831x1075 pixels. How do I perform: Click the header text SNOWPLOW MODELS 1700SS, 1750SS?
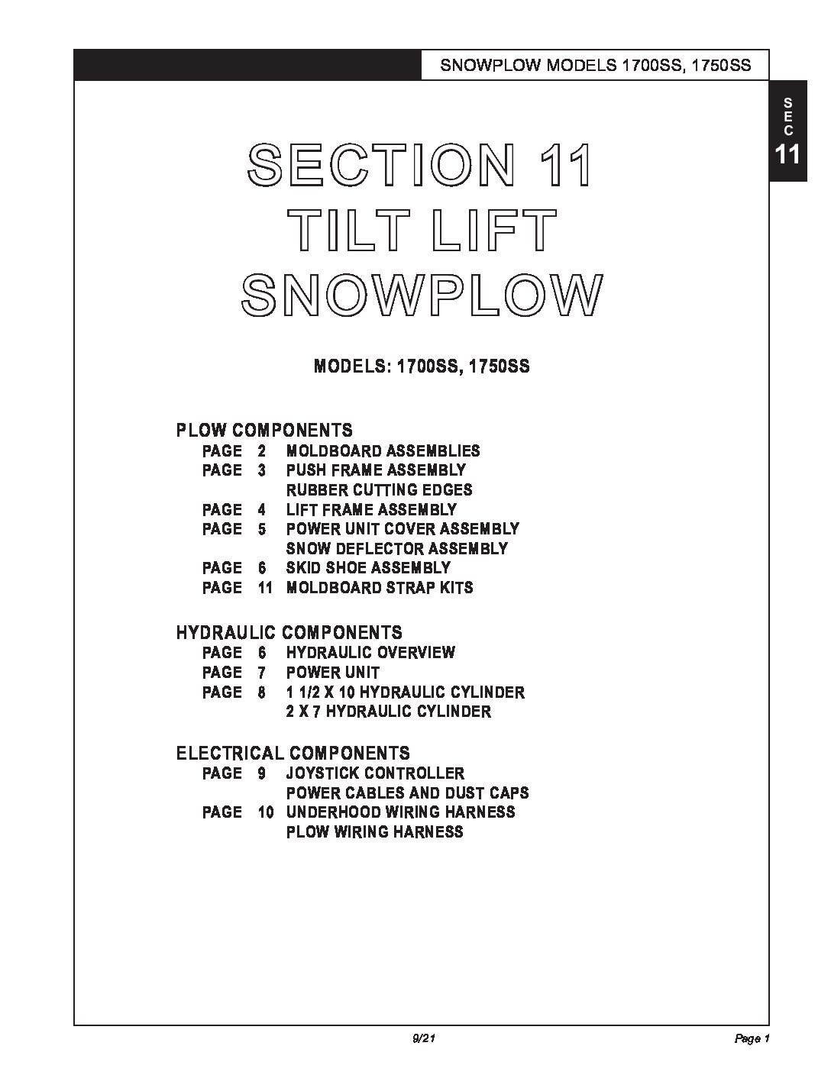pyautogui.click(x=596, y=66)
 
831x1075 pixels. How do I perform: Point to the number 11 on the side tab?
pyautogui.click(x=787, y=155)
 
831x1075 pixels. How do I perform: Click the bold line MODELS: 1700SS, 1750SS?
pyautogui.click(x=422, y=366)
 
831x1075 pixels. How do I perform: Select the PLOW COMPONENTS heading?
pyautogui.click(x=264, y=430)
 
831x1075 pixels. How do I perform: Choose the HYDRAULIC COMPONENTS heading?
pyautogui.click(x=289, y=632)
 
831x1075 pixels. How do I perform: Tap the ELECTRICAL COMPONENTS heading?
pyautogui.click(x=293, y=754)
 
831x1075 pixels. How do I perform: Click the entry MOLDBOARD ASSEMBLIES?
pyautogui.click(x=383, y=451)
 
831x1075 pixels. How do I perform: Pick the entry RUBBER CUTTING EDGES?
pyautogui.click(x=379, y=490)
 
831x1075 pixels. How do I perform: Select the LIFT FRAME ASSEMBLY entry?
pyautogui.click(x=371, y=509)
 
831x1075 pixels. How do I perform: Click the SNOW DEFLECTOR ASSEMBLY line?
pyautogui.click(x=396, y=548)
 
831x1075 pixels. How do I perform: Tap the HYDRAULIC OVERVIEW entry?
pyautogui.click(x=370, y=653)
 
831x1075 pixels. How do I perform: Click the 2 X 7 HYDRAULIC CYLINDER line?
pyautogui.click(x=388, y=712)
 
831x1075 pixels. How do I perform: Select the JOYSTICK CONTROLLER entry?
pyautogui.click(x=375, y=773)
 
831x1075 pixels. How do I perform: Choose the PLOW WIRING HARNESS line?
pyautogui.click(x=374, y=832)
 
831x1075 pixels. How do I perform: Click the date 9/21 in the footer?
pyautogui.click(x=422, y=1039)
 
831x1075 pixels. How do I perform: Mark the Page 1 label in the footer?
pyautogui.click(x=752, y=1039)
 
